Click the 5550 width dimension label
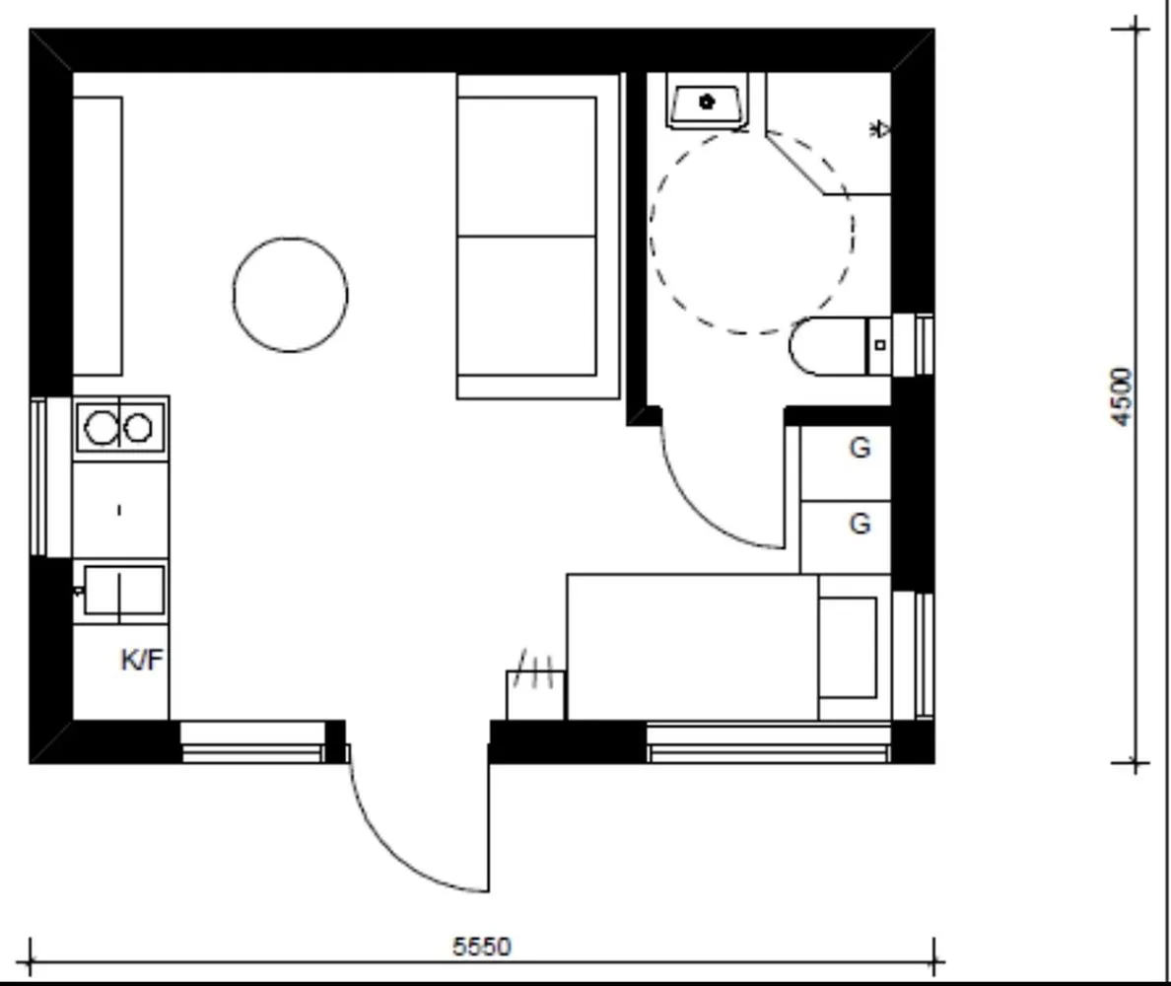tap(481, 947)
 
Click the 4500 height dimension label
tap(1122, 396)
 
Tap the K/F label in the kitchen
tap(141, 661)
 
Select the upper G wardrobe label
tap(860, 449)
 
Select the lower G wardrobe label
tap(860, 524)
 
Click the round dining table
tap(290, 294)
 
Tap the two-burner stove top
tap(119, 427)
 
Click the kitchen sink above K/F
tap(123, 591)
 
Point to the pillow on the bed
tap(847, 647)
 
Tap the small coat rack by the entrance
tap(535, 692)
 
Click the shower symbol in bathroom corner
tap(880, 129)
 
